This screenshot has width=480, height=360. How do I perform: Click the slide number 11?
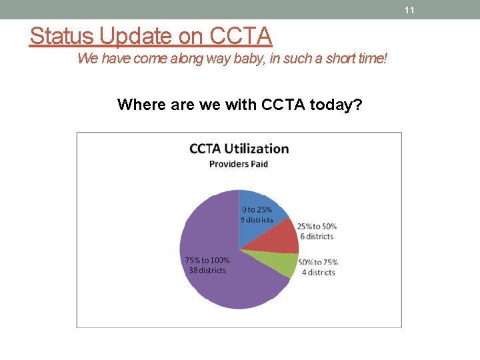pyautogui.click(x=409, y=10)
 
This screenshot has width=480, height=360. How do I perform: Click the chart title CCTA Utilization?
pyautogui.click(x=239, y=149)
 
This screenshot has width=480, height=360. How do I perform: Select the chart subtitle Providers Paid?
pyautogui.click(x=239, y=164)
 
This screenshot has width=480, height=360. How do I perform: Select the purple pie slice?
pyautogui.click(x=220, y=280)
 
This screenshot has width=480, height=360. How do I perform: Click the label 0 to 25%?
pyautogui.click(x=257, y=210)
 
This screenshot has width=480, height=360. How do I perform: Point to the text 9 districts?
pyautogui.click(x=257, y=220)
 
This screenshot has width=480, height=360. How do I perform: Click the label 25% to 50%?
pyautogui.click(x=317, y=227)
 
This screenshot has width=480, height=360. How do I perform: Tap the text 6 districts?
pyautogui.click(x=315, y=237)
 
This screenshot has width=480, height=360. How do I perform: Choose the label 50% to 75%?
pyautogui.click(x=318, y=263)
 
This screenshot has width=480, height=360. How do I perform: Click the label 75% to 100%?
pyautogui.click(x=207, y=260)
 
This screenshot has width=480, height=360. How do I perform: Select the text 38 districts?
pyautogui.click(x=207, y=270)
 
